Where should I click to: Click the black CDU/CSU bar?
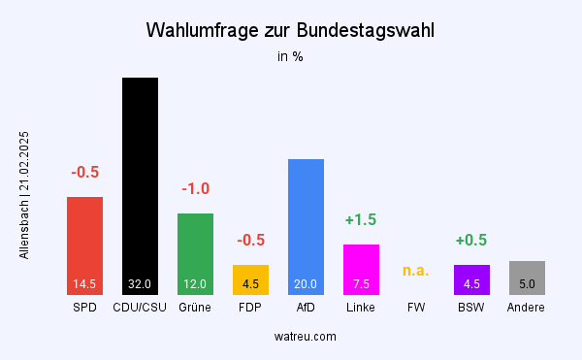140,185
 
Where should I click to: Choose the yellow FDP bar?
250,279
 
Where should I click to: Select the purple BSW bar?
471,279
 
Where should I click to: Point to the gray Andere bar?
527,278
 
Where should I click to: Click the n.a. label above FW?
416,270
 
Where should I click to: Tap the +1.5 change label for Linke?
361,219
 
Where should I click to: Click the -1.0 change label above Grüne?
195,188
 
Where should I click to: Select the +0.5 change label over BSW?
471,240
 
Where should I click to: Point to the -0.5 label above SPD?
84,172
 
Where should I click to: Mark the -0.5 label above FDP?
250,240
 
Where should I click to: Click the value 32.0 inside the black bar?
140,284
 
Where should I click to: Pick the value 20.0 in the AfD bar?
306,284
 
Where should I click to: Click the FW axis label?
416,308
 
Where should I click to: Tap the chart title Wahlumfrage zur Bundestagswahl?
290,30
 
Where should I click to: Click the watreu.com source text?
306,336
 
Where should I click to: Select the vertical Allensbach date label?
24,194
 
